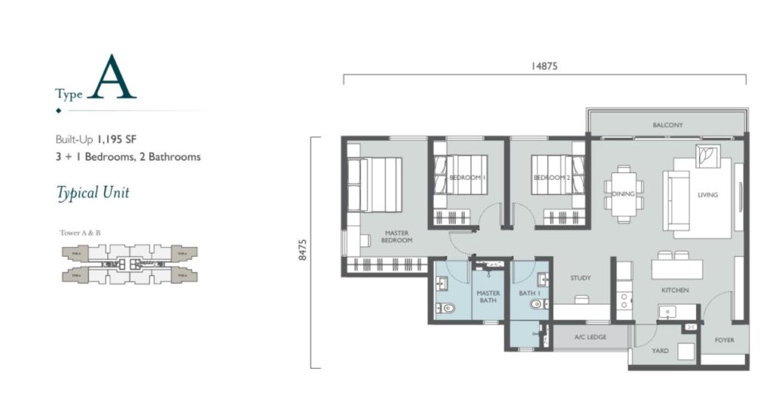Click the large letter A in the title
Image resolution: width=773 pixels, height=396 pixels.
coord(112,78)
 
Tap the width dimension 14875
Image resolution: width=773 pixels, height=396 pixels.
coord(544,67)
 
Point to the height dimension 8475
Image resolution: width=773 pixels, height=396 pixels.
coord(303,249)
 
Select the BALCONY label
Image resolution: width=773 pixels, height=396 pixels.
coord(667,125)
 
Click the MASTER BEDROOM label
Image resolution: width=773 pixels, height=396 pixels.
coord(397,237)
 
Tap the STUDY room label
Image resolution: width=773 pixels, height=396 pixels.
coord(581,278)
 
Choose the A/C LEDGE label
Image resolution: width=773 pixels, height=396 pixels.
coord(590,337)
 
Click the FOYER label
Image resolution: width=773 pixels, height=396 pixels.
coord(725,341)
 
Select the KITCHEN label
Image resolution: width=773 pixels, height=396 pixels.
coord(676,290)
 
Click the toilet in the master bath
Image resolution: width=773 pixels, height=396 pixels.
coord(446,308)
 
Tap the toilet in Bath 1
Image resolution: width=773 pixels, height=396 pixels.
coord(537,305)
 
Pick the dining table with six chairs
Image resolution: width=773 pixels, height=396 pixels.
coord(624,193)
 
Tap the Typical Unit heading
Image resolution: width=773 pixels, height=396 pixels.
coord(93,193)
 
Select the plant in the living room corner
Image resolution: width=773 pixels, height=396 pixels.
coord(708,156)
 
